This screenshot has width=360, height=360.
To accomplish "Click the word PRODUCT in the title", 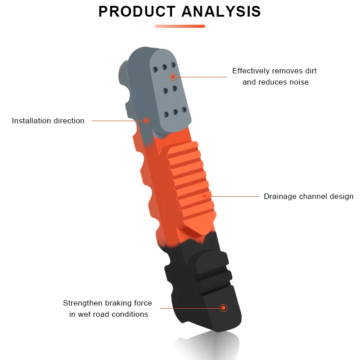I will [x=137, y=12].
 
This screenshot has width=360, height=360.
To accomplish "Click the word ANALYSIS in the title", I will [x=221, y=12].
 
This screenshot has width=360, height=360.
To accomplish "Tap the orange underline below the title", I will [x=180, y=26].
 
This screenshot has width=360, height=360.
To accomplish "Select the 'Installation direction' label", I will [x=48, y=121].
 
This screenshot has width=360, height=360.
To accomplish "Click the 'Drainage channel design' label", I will [x=308, y=196].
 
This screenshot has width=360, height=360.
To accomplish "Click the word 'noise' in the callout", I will [x=299, y=82].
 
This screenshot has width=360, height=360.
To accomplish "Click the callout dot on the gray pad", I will [x=173, y=77].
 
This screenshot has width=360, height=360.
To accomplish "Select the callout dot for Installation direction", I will [x=146, y=121].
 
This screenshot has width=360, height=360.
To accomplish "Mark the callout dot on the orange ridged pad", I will [x=205, y=196].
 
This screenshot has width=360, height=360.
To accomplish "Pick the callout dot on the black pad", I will [x=223, y=308].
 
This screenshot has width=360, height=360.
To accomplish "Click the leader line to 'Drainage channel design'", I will [x=234, y=196].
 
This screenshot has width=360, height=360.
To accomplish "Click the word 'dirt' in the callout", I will [x=310, y=71].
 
